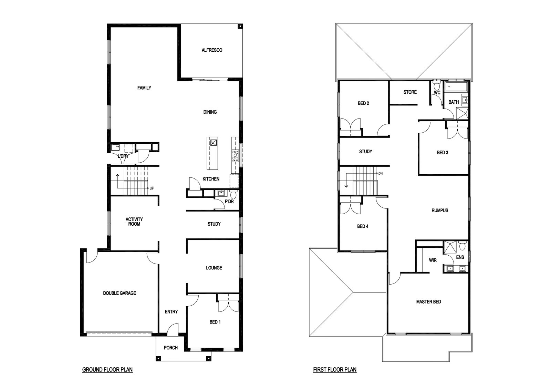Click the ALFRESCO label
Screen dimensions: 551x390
212,50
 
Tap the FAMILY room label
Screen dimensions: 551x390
144,88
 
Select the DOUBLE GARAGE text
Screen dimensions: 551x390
119,293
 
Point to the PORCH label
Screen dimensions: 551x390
171,348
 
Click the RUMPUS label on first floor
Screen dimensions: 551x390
440,211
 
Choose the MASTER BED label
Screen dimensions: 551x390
428,302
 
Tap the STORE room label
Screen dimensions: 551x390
410,92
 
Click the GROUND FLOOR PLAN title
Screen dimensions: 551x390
107,370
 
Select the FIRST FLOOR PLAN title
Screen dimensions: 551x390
335,370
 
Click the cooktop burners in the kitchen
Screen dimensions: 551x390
236,156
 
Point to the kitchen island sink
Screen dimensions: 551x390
213,143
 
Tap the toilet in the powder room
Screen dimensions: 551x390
233,194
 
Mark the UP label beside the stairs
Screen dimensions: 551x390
152,188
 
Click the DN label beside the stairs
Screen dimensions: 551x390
381,174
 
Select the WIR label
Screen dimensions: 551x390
433,260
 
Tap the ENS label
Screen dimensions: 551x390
460,257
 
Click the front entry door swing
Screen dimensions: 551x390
173,329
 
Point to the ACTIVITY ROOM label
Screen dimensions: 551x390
134,222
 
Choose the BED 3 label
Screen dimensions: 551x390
443,153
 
